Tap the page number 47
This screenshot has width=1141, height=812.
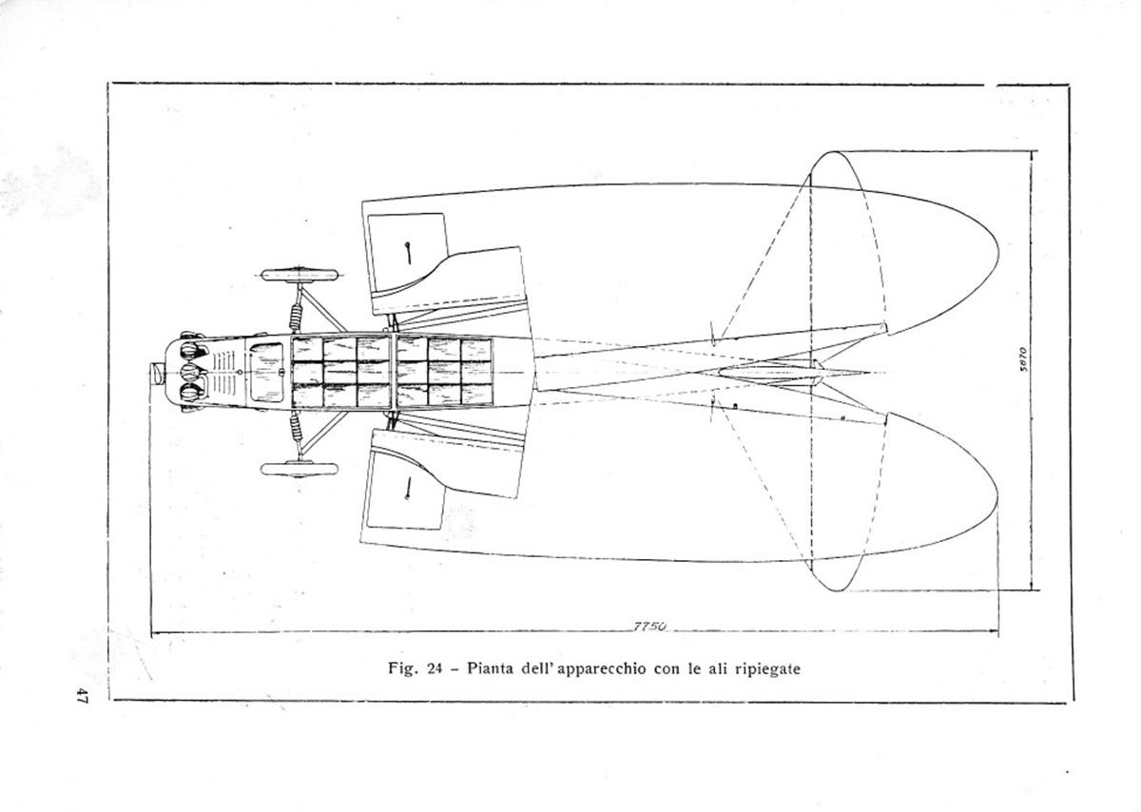click(x=82, y=695)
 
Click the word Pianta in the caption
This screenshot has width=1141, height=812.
click(x=491, y=668)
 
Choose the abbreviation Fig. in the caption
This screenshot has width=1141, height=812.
click(x=403, y=668)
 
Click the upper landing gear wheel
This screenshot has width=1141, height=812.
click(x=299, y=275)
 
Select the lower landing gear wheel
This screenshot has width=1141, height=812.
click(x=299, y=469)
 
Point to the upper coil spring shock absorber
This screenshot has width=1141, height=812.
click(x=296, y=318)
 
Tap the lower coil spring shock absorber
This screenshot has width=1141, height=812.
click(x=296, y=427)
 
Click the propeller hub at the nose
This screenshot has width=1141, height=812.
click(x=157, y=374)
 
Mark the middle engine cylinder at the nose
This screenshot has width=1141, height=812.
click(x=189, y=374)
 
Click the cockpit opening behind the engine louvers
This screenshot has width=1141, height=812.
click(x=266, y=373)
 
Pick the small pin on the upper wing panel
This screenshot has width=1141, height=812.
click(x=408, y=254)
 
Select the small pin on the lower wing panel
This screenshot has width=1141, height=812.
click(x=408, y=487)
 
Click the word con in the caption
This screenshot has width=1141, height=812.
click(x=667, y=668)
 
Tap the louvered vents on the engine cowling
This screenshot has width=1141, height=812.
click(x=224, y=373)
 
